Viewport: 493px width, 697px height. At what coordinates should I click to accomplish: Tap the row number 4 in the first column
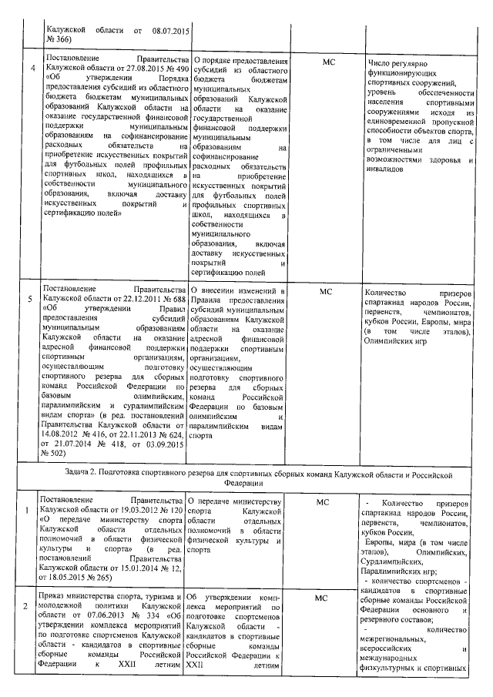click(32, 68)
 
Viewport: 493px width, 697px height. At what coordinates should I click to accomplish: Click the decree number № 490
click(175, 68)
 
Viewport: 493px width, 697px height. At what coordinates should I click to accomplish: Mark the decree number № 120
click(175, 511)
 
